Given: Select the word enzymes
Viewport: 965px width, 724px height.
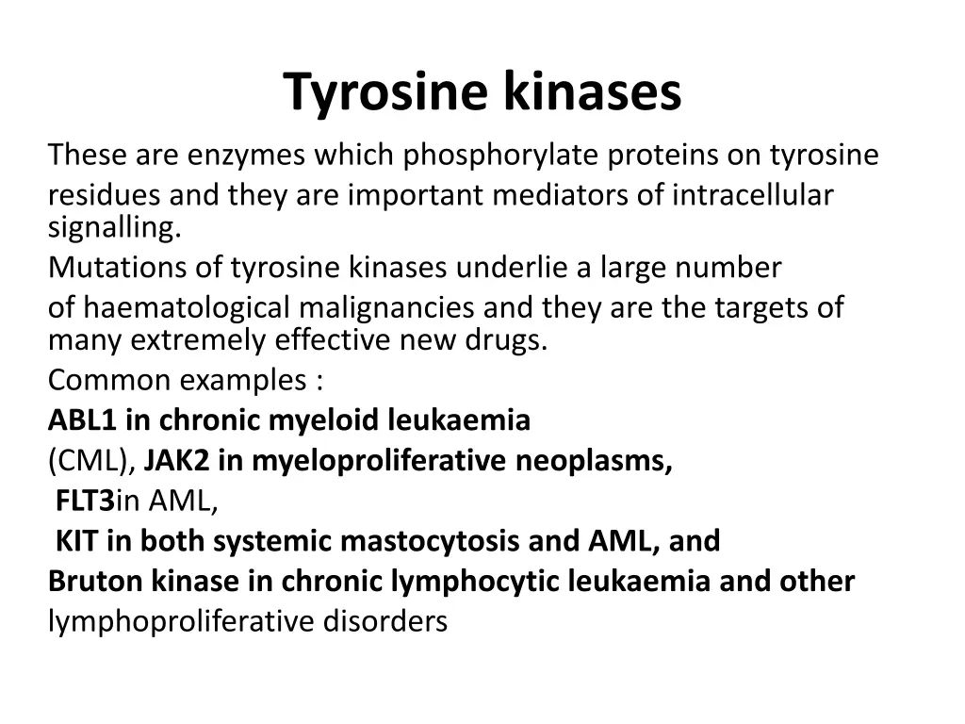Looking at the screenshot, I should click(x=246, y=155).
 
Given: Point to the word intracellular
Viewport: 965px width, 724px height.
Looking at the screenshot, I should click(x=753, y=195).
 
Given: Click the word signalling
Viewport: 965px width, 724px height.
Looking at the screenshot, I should click(x=113, y=227).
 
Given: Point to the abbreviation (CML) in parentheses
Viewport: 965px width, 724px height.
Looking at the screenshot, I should click(x=91, y=461).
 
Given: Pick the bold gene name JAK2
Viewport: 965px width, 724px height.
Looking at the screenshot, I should click(x=176, y=461).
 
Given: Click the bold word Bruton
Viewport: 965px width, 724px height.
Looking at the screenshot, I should click(x=96, y=581).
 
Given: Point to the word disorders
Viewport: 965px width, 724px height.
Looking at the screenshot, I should click(x=385, y=622).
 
